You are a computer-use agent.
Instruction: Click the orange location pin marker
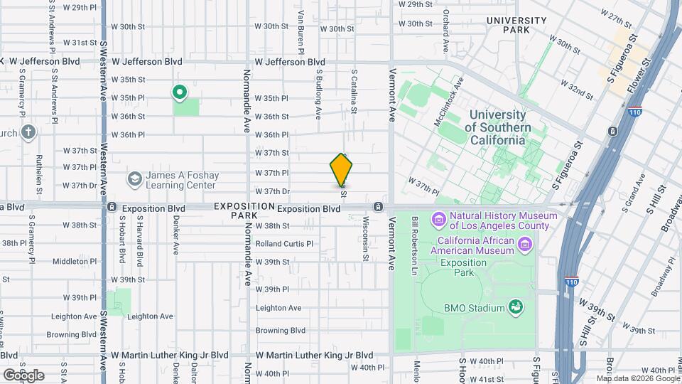(x=342, y=170)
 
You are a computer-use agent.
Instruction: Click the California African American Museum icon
(x=525, y=245)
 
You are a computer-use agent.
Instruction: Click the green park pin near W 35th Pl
(x=180, y=92)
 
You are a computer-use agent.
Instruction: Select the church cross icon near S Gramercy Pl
(x=28, y=132)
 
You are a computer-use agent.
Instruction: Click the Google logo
(x=23, y=375)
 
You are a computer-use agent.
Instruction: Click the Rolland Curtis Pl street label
(x=284, y=243)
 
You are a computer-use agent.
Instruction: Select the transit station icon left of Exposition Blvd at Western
(x=112, y=208)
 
